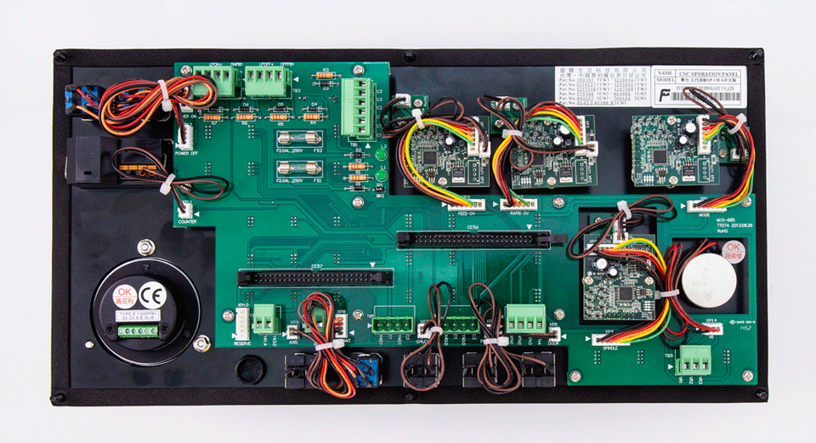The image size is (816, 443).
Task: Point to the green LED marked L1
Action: [380, 178]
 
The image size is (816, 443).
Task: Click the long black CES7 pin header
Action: [314, 276]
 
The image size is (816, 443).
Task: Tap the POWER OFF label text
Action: [187, 154]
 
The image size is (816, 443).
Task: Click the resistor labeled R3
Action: [324, 76]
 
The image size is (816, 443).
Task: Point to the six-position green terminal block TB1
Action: [360, 108]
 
